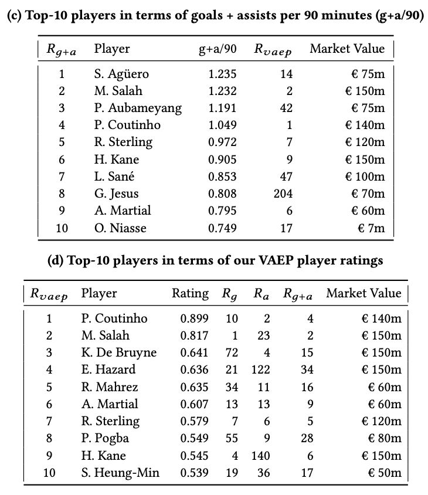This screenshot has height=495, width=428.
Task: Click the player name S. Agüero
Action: (x=121, y=74)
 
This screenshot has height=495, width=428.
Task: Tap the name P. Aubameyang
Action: (x=138, y=108)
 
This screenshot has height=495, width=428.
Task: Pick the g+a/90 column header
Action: (x=218, y=49)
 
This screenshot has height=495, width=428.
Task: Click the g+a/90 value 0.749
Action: (x=222, y=228)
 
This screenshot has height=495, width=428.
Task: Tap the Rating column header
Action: (x=190, y=294)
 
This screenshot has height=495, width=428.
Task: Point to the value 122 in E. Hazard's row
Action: (x=261, y=370)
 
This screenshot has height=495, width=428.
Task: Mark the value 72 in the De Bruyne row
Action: (x=232, y=353)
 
